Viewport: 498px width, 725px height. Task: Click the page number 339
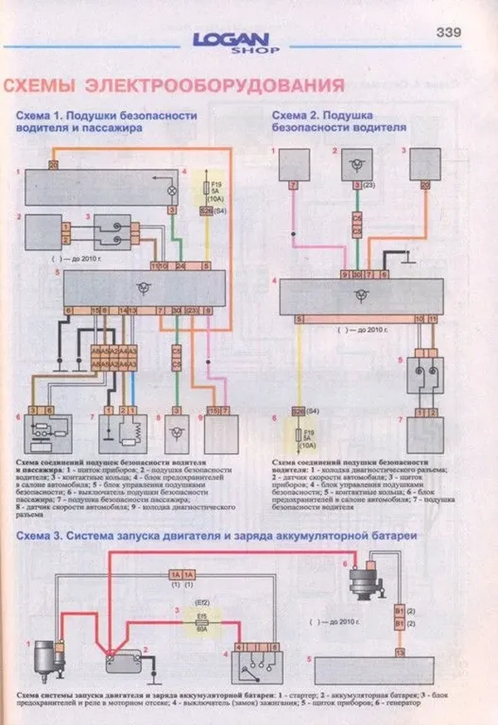pos(447,32)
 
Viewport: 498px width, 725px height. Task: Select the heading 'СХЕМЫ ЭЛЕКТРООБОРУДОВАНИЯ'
pos(174,86)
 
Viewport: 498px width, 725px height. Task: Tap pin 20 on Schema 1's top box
pos(53,166)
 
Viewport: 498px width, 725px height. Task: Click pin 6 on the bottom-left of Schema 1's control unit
pos(69,309)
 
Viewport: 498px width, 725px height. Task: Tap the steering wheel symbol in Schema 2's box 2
pos(357,163)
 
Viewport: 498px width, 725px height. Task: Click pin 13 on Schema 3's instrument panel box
pos(400,653)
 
